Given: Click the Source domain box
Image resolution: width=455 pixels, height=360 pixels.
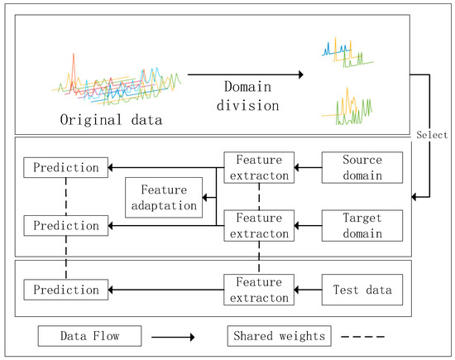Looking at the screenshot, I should click(362, 167).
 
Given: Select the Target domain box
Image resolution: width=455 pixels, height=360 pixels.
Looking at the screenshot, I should click(362, 225).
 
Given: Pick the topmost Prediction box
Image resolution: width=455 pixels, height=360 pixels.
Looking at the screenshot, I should click(65, 167).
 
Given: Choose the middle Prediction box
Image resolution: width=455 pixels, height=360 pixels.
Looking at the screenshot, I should click(65, 224).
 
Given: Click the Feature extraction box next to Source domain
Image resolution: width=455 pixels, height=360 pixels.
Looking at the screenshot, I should click(259, 167).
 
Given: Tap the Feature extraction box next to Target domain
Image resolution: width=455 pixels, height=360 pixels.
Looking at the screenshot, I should click(259, 225).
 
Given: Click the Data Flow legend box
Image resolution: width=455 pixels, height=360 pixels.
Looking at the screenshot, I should click(89, 336).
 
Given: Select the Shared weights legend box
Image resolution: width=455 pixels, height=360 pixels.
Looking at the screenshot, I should click(278, 336).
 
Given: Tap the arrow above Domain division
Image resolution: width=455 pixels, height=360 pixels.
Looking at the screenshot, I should click(245, 76).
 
